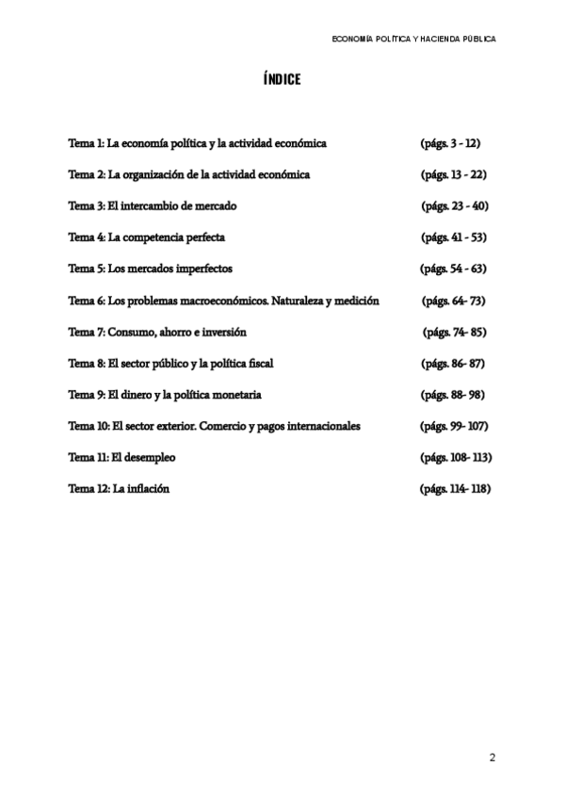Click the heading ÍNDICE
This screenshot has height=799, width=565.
[282, 79]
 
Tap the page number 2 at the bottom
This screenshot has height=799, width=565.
[492, 758]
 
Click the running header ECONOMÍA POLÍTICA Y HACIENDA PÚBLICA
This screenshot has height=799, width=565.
[414, 39]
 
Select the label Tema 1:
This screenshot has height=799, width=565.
[86, 143]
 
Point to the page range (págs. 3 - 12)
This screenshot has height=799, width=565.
[451, 143]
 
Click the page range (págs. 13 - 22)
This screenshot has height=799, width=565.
[453, 174]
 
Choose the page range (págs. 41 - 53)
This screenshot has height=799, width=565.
[453, 237]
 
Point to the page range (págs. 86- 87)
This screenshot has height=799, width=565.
[452, 363]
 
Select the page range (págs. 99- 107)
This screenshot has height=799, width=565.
[454, 426]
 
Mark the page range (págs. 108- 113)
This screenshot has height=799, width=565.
[456, 457]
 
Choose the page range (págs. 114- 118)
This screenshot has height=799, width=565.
[456, 489]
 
